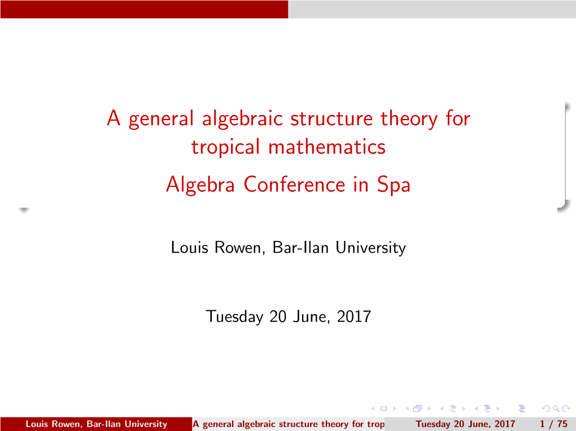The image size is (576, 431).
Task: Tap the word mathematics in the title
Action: click(x=327, y=147)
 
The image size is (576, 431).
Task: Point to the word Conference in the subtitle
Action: click(x=294, y=184)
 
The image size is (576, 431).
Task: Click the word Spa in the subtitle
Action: click(x=394, y=184)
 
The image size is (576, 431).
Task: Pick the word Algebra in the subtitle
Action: click(x=200, y=184)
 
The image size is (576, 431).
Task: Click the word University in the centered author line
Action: click(x=370, y=248)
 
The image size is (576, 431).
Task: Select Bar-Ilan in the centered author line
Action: click(x=300, y=248)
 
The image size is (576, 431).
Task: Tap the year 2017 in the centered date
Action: click(x=354, y=316)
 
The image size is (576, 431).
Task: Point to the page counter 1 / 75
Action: click(x=553, y=424)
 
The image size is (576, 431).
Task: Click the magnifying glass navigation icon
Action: click(x=556, y=408)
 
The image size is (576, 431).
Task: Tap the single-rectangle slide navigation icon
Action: click(x=384, y=408)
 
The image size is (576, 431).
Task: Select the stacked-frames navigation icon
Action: click(x=417, y=408)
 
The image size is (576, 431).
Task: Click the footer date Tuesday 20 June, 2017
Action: click(x=465, y=424)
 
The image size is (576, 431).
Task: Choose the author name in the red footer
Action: click(x=96, y=424)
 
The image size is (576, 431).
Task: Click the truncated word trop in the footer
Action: click(x=376, y=425)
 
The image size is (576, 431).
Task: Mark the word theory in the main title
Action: click(x=409, y=119)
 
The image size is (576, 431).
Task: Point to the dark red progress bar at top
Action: click(x=144, y=9)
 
